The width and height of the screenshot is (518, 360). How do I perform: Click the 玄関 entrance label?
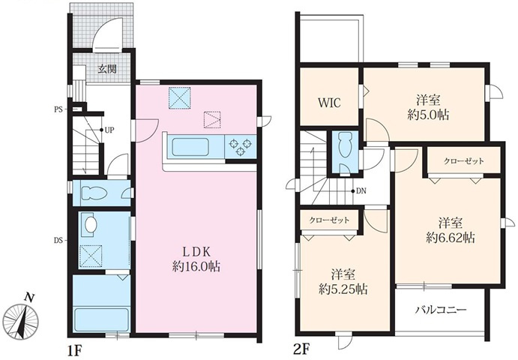tap(107, 69)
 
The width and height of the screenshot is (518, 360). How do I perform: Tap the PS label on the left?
tap(58, 109)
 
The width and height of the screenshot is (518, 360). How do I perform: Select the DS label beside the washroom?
tap(58, 240)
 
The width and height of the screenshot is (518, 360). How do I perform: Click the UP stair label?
tap(109, 130)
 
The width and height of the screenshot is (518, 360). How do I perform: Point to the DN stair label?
tap(361, 191)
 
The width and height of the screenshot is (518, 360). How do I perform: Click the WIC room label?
tap(329, 103)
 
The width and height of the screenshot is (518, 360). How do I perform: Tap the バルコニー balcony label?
tap(440, 310)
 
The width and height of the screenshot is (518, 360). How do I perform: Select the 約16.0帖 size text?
tap(196, 266)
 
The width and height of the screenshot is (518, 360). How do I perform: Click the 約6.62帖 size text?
tap(451, 237)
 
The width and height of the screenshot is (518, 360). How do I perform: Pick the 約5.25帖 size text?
tap(343, 289)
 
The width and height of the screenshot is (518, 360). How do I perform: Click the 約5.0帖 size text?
tap(429, 115)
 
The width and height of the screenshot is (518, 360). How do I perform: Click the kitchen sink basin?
tap(190, 148)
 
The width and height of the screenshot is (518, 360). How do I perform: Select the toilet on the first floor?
tap(93, 193)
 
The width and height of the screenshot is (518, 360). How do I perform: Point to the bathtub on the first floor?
tap(101, 319)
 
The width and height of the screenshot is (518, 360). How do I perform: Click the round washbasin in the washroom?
tap(91, 225)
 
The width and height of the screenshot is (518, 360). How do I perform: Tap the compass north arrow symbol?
tap(24, 317)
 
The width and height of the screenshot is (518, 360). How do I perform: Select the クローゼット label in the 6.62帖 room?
tap(463, 161)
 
